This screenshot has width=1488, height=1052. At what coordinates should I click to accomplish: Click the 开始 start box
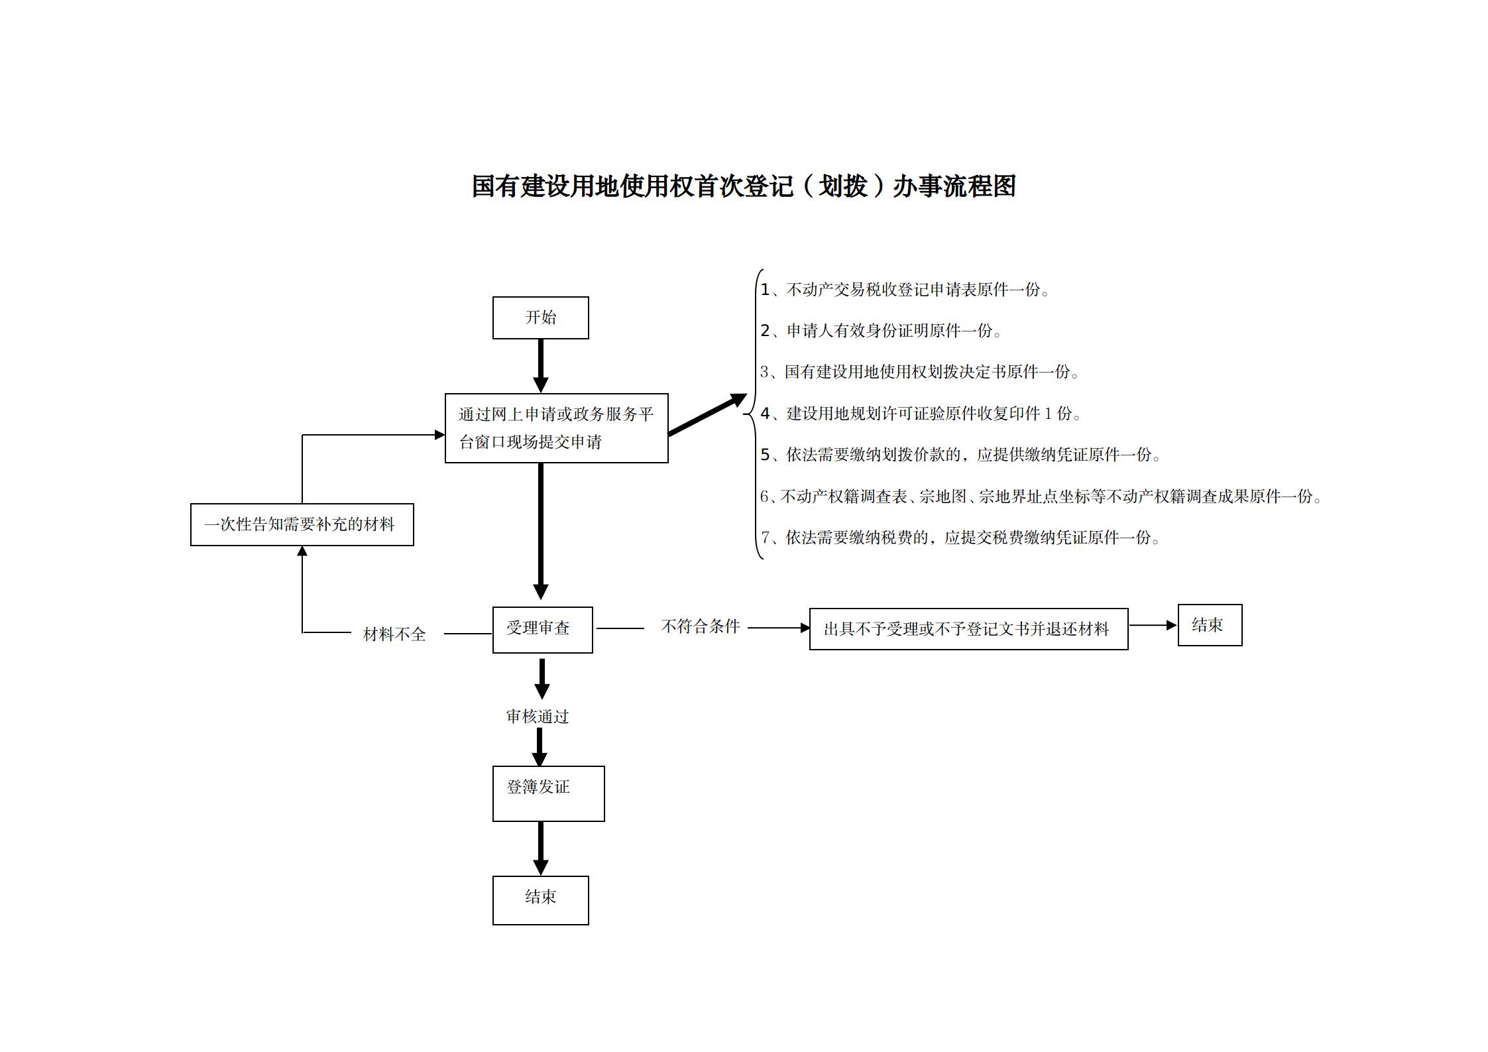(x=540, y=318)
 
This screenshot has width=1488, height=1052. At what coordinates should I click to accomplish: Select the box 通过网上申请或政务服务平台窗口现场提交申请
(x=556, y=428)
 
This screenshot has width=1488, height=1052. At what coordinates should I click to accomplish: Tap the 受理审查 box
(x=542, y=629)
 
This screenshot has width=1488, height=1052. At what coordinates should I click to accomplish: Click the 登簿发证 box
(x=548, y=793)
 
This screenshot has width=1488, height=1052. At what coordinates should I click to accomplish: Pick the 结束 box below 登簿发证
(x=540, y=900)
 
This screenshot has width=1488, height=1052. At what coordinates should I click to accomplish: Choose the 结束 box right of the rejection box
(x=1209, y=624)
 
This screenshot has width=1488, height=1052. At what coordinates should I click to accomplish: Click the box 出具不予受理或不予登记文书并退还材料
(x=968, y=628)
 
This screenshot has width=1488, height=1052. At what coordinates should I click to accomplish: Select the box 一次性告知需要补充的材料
(x=302, y=524)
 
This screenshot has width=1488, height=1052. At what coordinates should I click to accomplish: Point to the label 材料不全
(x=394, y=634)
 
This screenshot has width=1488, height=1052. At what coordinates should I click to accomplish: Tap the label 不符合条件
(x=700, y=626)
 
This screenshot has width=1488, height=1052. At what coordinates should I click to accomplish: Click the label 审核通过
(x=538, y=716)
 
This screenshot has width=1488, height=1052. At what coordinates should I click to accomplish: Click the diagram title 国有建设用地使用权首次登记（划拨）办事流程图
(x=744, y=186)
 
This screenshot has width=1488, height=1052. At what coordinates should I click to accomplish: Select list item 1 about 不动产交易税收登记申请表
(x=905, y=290)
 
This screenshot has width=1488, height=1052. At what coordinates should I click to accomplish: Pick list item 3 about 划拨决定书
(x=919, y=372)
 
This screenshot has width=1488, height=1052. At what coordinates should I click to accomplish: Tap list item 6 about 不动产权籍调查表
(x=1041, y=497)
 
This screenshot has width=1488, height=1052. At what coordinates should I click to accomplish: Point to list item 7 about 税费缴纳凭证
(x=960, y=538)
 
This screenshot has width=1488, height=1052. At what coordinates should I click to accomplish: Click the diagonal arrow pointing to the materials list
(x=707, y=415)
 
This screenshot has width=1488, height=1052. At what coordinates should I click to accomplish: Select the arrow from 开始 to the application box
(x=541, y=365)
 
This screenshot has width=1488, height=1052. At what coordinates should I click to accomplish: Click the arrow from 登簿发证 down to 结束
(x=541, y=848)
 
